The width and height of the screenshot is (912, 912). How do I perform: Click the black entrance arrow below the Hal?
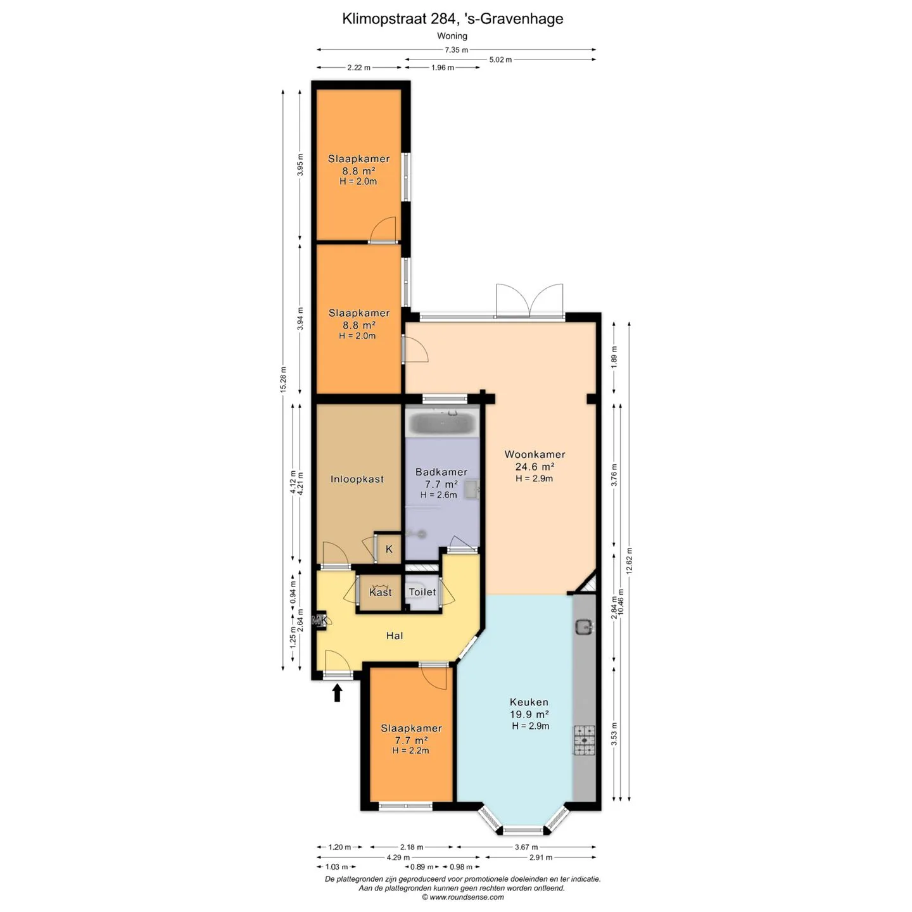point(337,692)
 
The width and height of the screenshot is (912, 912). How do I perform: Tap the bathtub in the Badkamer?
point(443,422)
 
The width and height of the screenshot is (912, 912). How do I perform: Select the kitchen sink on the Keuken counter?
point(585,627)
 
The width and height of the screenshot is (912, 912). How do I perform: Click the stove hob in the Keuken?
point(585,740)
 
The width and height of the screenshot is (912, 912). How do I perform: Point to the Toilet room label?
point(422,592)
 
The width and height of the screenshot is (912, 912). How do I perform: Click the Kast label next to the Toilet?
point(381,592)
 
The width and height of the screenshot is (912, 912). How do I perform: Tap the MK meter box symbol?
point(319,621)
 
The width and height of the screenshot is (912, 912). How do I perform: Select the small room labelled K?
point(389,549)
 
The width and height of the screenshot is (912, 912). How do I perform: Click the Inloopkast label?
point(357,479)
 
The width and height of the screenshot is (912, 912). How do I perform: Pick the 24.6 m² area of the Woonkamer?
point(535,466)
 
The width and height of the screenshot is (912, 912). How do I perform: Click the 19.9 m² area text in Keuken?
point(529,714)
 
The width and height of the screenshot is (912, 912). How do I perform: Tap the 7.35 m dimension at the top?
point(456,49)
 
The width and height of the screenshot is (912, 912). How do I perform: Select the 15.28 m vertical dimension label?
point(283,379)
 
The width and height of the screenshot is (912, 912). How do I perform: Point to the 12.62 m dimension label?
point(629,561)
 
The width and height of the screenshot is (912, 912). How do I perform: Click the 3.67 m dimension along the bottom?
point(526,847)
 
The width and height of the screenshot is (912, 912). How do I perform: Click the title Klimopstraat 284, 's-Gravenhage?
point(453,19)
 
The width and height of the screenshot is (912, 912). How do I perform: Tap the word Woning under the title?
point(452,36)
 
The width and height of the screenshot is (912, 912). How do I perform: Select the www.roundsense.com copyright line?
point(463,897)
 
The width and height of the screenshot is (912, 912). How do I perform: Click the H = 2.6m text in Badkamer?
point(439,495)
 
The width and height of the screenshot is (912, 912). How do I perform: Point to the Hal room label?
point(394,636)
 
